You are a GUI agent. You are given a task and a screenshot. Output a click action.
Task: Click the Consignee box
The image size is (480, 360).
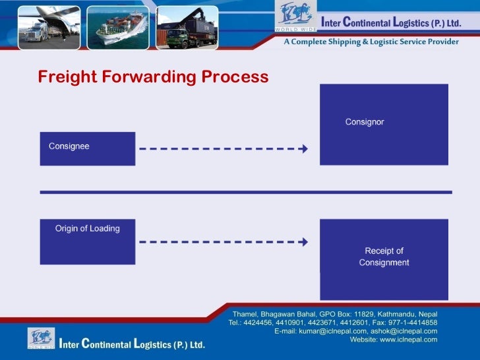[x=87, y=148]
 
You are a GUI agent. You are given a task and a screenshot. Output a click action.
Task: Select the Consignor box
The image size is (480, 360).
[x=384, y=124]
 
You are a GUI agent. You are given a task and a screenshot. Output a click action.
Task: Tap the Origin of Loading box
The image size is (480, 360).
[x=87, y=241]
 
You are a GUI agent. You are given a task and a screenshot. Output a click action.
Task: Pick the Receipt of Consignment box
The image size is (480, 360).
[x=384, y=259]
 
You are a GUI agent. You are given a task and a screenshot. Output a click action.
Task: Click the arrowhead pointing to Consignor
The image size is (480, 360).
[x=304, y=148]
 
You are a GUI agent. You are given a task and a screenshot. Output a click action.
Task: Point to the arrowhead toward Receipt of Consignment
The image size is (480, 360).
[x=304, y=242]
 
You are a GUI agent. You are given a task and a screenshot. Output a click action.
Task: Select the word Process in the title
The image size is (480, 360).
[x=235, y=77]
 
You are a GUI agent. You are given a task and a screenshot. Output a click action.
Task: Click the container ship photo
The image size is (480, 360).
[x=118, y=28]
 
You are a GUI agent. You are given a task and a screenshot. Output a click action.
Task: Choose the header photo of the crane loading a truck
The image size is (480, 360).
[x=187, y=28]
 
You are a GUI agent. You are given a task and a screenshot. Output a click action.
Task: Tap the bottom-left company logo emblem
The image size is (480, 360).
[x=41, y=338]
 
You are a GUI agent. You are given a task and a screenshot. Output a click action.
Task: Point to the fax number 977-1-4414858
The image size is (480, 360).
[x=413, y=322]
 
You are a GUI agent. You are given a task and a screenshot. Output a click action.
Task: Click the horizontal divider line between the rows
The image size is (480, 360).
[x=246, y=192]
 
